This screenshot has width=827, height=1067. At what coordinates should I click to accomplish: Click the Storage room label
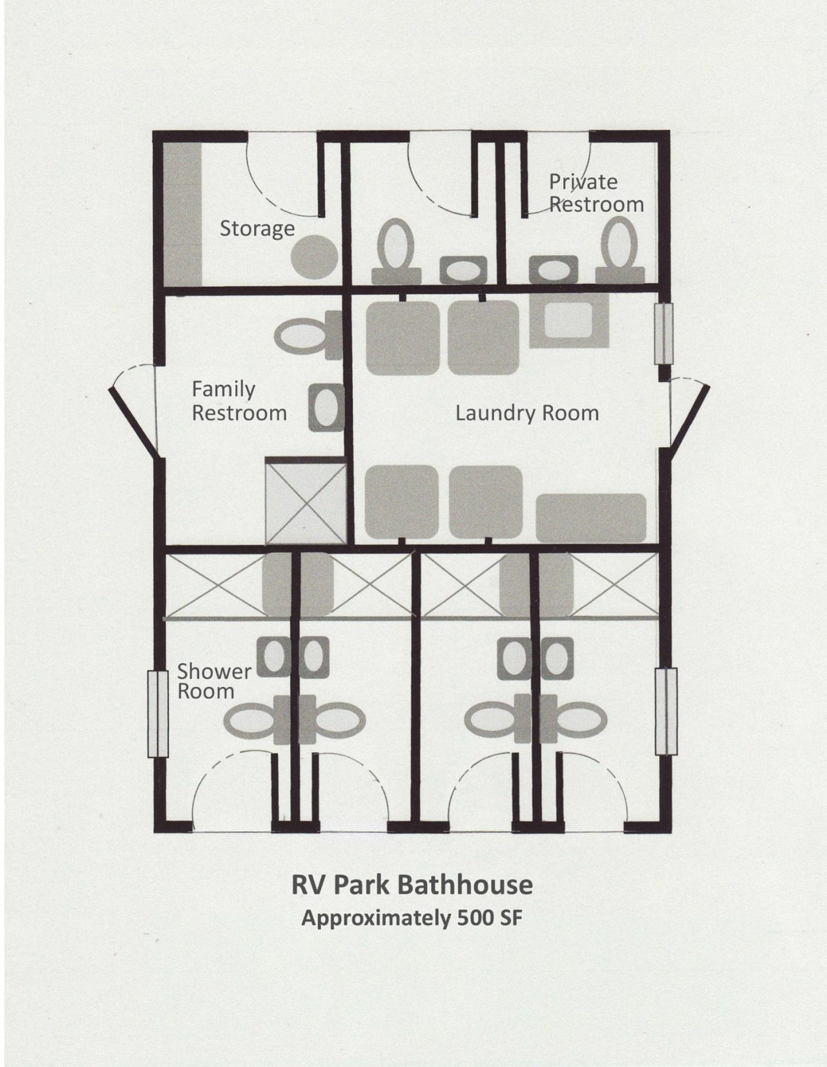tap(256, 229)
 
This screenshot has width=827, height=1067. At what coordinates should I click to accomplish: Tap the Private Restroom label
tap(596, 193)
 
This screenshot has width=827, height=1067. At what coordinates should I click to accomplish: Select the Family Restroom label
tap(239, 401)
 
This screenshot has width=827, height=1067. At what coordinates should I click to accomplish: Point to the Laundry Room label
tap(527, 413)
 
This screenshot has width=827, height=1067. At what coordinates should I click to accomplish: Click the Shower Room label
tap(214, 681)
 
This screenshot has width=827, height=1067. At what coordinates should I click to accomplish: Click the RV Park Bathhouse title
tap(412, 885)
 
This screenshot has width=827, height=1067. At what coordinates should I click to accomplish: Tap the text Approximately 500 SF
tap(412, 918)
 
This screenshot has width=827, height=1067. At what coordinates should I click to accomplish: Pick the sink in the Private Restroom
tap(553, 269)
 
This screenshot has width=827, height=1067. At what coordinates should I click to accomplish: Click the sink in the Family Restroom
tap(326, 408)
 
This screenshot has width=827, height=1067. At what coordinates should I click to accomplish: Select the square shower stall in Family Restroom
tap(305, 501)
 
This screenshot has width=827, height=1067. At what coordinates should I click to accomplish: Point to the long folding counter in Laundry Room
tap(591, 518)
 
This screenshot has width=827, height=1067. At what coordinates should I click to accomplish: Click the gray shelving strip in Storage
tap(182, 214)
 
